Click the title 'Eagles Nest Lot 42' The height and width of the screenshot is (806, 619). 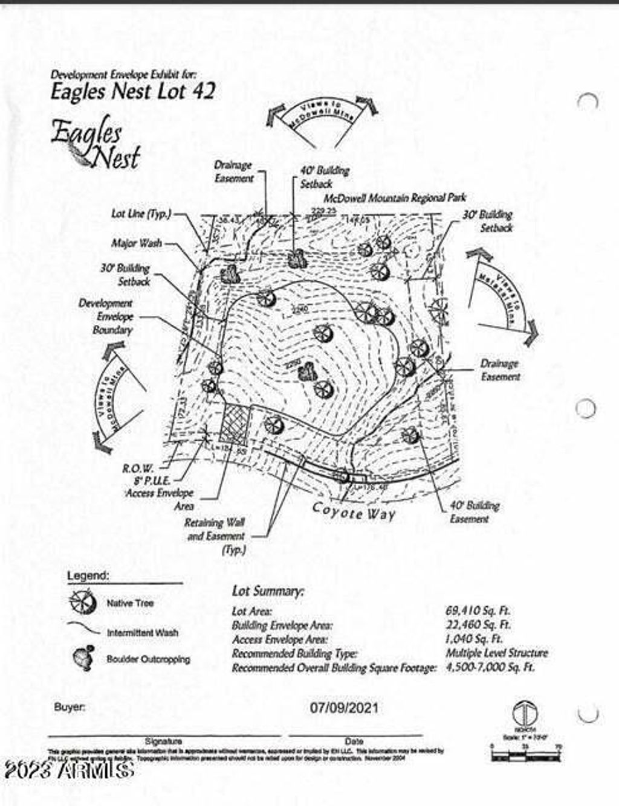click(x=132, y=92)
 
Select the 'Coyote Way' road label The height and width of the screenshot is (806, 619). click(x=354, y=511)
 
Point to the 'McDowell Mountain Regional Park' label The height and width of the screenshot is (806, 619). click(x=395, y=197)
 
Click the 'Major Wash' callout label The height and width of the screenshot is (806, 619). click(x=137, y=243)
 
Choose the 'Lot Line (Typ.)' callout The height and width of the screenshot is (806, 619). click(x=141, y=214)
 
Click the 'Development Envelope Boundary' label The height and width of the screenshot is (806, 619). click(x=106, y=316)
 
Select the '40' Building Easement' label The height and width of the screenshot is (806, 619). click(x=474, y=512)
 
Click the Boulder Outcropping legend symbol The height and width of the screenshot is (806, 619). click(x=83, y=657)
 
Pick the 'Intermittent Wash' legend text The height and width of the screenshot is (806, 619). click(x=143, y=633)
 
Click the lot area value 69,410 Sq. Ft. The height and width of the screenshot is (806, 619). click(x=478, y=611)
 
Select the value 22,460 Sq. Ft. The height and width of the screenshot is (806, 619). click(x=478, y=625)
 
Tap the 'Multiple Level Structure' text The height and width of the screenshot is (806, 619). click(x=497, y=653)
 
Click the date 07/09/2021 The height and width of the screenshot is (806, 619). click(x=345, y=707)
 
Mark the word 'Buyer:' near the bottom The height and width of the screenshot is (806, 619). click(x=70, y=707)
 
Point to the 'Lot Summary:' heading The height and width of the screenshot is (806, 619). click(x=268, y=591)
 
